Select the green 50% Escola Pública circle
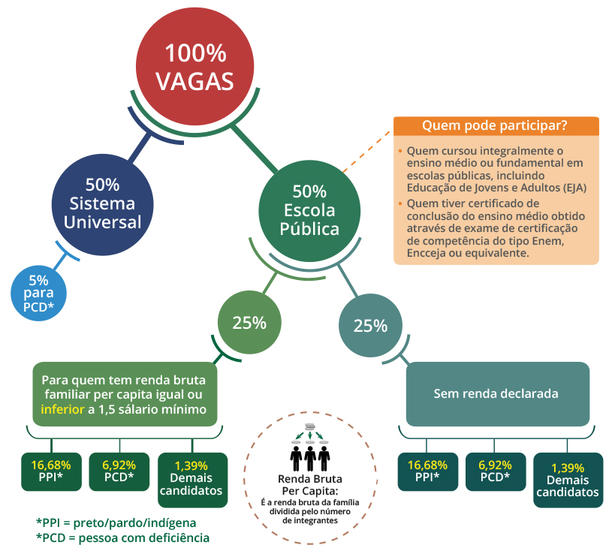coord(309,209)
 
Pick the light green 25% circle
coord(249,323)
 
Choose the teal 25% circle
coord(369,326)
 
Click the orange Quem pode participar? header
coord(495,125)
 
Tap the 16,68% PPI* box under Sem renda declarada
coord(427,471)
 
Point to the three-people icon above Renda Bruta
coord(309,451)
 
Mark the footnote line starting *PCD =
coord(122,537)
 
